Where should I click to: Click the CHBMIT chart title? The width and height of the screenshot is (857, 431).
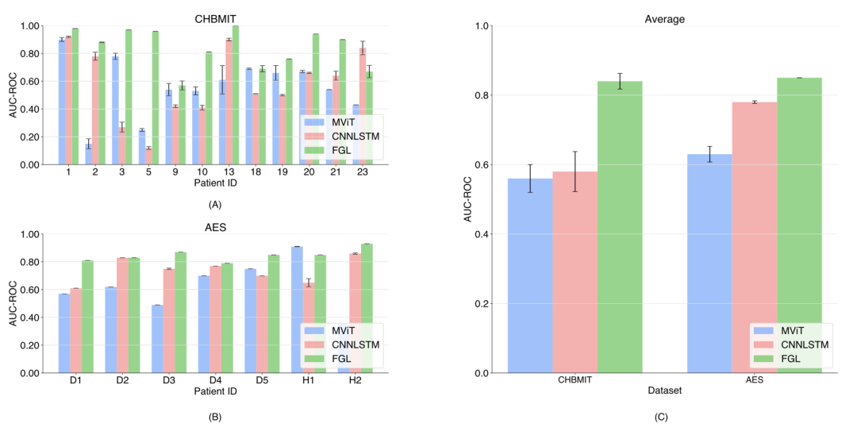[215, 19]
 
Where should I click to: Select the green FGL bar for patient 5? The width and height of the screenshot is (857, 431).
[156, 98]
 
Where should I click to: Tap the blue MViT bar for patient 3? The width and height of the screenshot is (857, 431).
[115, 110]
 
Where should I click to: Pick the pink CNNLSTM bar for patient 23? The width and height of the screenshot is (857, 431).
[363, 106]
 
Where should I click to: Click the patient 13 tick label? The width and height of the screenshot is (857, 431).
[229, 172]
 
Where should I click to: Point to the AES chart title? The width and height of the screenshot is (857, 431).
[215, 228]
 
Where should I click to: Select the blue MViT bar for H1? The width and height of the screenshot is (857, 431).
[297, 310]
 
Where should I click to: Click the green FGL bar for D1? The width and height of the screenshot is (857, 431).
[87, 317]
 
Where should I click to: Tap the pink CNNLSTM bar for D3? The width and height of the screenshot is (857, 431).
[169, 321]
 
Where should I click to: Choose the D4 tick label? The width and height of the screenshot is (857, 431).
[215, 381]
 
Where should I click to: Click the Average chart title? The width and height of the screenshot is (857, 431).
[665, 19]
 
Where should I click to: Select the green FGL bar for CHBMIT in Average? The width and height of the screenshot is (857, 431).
[620, 227]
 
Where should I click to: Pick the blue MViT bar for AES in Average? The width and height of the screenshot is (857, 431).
[709, 264]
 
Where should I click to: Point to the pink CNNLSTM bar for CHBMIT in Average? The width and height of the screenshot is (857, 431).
[575, 272]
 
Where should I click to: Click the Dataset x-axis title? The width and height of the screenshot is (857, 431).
[665, 391]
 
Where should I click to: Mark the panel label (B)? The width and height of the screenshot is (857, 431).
[215, 417]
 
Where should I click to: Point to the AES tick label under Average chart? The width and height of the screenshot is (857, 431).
[755, 380]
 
